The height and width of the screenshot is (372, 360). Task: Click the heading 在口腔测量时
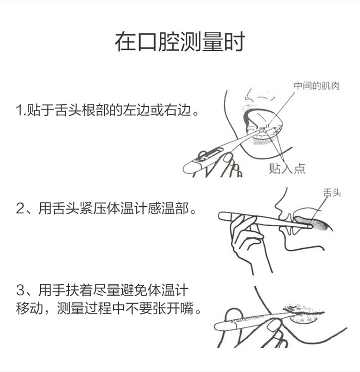[x=180, y=42]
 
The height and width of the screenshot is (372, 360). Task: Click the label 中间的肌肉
[x=316, y=86]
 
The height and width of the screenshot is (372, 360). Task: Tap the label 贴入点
[x=287, y=168]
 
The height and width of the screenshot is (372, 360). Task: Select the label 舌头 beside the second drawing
[x=332, y=193]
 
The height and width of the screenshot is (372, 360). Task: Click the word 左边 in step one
[x=136, y=110]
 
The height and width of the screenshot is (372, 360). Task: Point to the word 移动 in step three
[x=30, y=308]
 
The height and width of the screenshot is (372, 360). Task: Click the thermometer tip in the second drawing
[x=310, y=226]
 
